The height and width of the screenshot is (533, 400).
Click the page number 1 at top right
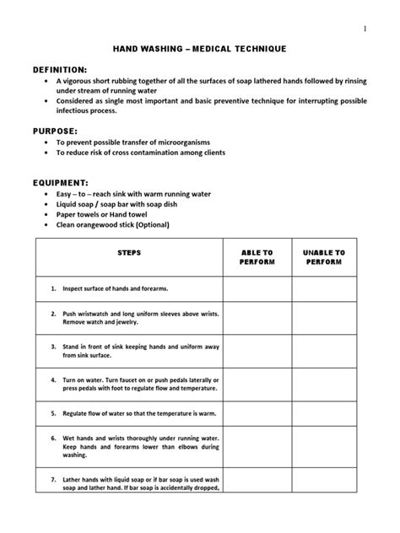tap(365, 29)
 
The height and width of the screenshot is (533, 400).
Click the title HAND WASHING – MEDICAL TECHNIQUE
tap(200, 50)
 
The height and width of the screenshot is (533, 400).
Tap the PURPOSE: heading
tap(55, 132)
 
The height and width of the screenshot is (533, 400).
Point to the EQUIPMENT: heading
tap(61, 181)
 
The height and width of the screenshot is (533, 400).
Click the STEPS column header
tap(129, 252)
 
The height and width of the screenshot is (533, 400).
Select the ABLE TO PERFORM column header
tap(257, 257)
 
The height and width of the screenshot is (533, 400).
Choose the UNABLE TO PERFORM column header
tap(324, 257)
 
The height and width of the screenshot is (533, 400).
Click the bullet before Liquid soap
tap(46, 204)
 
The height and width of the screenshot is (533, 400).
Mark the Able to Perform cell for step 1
tap(257, 288)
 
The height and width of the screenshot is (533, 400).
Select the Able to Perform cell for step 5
tap(257, 413)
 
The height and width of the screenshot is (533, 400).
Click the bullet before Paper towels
tap(46, 215)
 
